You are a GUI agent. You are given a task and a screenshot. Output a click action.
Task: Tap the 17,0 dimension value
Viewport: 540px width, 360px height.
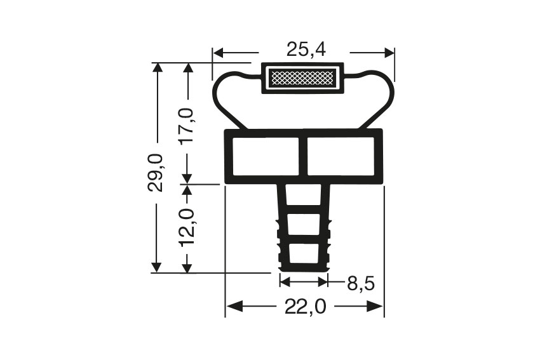point(187,126)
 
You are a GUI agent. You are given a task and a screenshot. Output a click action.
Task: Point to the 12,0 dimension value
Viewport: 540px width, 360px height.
point(187,227)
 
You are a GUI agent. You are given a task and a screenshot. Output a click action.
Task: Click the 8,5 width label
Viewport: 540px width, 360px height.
point(360,283)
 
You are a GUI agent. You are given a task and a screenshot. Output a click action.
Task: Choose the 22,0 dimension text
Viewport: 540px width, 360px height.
point(305,307)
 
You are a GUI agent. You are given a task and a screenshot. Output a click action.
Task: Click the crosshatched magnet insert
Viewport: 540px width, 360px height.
point(302,79)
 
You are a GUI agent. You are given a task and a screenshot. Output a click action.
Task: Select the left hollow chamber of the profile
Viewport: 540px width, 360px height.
point(265,156)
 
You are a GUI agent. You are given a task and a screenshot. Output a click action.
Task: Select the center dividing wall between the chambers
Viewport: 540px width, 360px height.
point(303,156)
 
